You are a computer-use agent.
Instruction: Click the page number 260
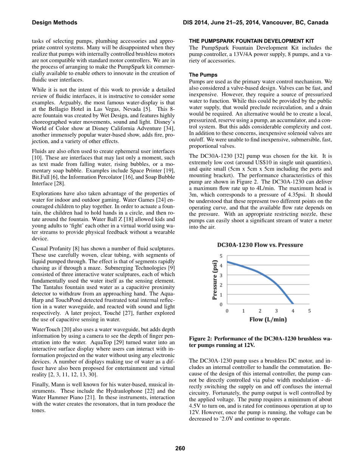coord(180,449)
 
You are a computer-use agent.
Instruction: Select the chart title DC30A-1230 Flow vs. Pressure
coord(260,245)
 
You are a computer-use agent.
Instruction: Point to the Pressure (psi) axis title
coord(215,280)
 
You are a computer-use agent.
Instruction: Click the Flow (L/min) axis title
coord(268,320)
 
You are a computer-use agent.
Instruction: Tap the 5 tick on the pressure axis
coord(221,256)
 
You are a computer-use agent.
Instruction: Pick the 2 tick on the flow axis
coord(260,311)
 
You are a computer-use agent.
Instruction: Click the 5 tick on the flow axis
coord(309,311)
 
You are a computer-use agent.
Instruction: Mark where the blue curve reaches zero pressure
coord(293,303)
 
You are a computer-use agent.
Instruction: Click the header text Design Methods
coord(54,23)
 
